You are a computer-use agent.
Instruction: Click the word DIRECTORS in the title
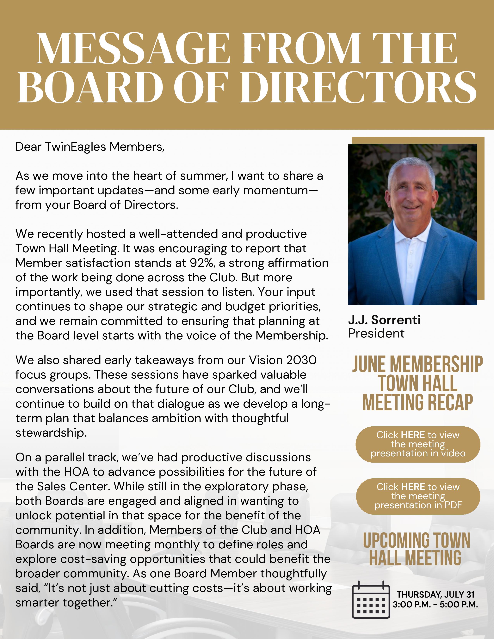click(359, 87)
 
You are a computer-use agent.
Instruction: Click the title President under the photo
click(376, 333)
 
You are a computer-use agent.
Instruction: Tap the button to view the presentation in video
click(418, 444)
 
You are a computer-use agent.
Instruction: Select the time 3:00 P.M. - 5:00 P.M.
click(435, 605)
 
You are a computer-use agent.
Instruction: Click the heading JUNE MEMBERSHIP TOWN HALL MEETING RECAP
click(418, 383)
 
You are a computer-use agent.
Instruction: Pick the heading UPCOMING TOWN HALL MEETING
click(416, 549)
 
